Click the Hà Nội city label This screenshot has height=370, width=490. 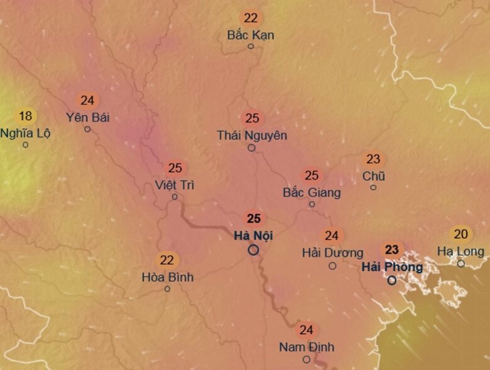click(253, 236)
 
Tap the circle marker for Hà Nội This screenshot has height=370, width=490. click(253, 250)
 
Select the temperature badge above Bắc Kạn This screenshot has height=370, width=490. click(251, 18)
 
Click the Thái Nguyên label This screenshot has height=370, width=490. click(252, 135)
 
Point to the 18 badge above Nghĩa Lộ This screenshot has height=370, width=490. click(25, 116)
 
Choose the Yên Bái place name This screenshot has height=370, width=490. click(87, 117)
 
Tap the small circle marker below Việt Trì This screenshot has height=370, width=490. click(175, 197)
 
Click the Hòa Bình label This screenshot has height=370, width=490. click(167, 277)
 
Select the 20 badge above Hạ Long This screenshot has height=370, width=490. click(461, 234)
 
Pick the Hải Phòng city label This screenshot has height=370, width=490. click(392, 266)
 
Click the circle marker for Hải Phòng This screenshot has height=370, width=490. click(392, 280)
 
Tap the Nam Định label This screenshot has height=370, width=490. click(307, 347)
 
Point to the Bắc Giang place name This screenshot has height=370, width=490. click(312, 192)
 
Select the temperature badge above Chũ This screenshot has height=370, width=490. click(373, 160)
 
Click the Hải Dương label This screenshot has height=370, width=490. click(332, 253)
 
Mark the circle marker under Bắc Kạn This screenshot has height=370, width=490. click(251, 46)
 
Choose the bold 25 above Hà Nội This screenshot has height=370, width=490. click(254, 219)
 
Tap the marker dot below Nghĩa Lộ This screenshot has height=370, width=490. click(25, 144)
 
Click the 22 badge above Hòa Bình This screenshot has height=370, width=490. click(167, 260)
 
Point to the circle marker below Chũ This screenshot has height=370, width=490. click(373, 187)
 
